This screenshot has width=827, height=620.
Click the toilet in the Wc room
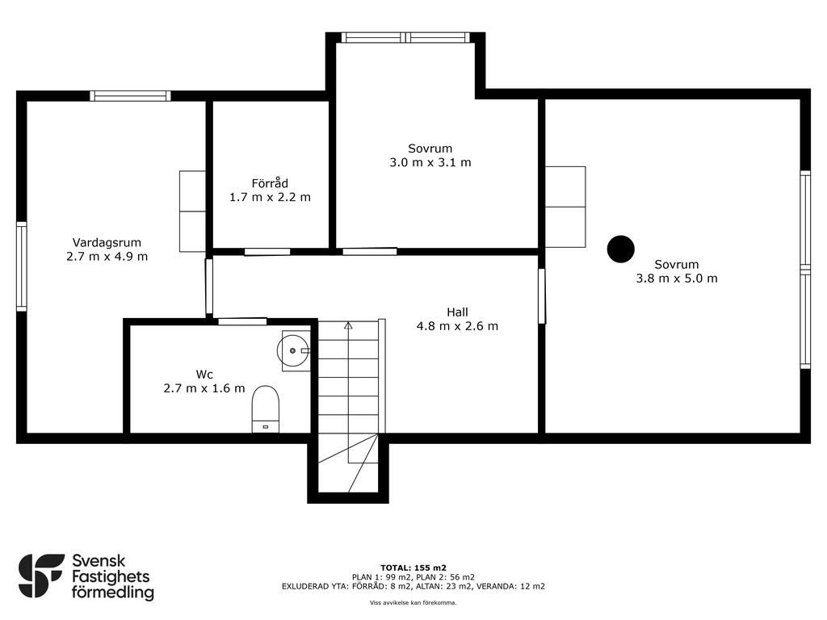(x=265, y=409)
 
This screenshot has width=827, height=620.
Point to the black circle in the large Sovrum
(x=621, y=249)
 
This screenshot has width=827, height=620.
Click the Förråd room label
(x=270, y=183)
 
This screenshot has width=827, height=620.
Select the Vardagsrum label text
(x=107, y=242)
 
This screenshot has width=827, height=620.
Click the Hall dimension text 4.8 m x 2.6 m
(x=457, y=326)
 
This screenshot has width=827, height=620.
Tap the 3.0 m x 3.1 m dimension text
(x=430, y=162)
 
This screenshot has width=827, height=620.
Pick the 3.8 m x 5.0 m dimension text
(x=677, y=279)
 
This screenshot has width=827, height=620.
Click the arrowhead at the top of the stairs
(x=348, y=325)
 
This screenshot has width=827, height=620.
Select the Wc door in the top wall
(x=242, y=321)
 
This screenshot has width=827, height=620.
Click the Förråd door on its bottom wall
(x=267, y=252)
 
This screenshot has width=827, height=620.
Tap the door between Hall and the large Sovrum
(x=542, y=295)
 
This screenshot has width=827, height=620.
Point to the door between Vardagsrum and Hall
(x=209, y=287)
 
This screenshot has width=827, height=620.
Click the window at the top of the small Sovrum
(x=405, y=37)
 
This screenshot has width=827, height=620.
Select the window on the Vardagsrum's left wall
(x=22, y=266)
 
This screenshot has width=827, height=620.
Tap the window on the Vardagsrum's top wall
(x=130, y=96)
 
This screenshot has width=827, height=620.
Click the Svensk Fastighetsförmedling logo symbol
(x=41, y=576)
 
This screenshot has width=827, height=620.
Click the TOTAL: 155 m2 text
(x=413, y=568)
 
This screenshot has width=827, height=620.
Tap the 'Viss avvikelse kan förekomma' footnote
(x=413, y=602)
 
